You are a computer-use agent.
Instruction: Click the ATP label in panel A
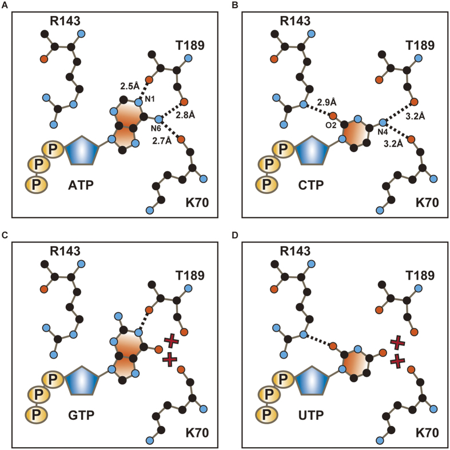pos(81,185)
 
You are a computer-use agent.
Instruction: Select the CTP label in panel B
pos(311,185)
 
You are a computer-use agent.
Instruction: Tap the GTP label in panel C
pos(81,415)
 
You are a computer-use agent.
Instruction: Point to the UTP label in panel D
pos(311,415)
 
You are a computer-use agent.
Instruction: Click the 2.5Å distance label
pos(130,86)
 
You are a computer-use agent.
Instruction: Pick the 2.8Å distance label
pos(185,115)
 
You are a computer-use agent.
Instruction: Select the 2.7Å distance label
pos(162,141)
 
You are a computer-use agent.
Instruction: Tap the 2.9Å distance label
pos(326,102)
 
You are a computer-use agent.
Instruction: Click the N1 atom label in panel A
pos(150,99)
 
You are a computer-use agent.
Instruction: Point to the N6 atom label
pos(156,129)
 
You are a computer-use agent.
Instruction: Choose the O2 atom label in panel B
pos(331,125)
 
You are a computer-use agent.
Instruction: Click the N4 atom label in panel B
pos(383,132)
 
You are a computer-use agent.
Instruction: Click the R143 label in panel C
pos(65,251)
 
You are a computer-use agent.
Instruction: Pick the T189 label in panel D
pos(420,276)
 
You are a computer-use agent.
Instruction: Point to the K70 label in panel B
pos(427,202)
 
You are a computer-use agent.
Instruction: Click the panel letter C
pos(5,236)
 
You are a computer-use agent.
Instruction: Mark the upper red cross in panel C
pos(172,341)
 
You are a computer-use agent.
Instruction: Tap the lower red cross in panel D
pos(398,361)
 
